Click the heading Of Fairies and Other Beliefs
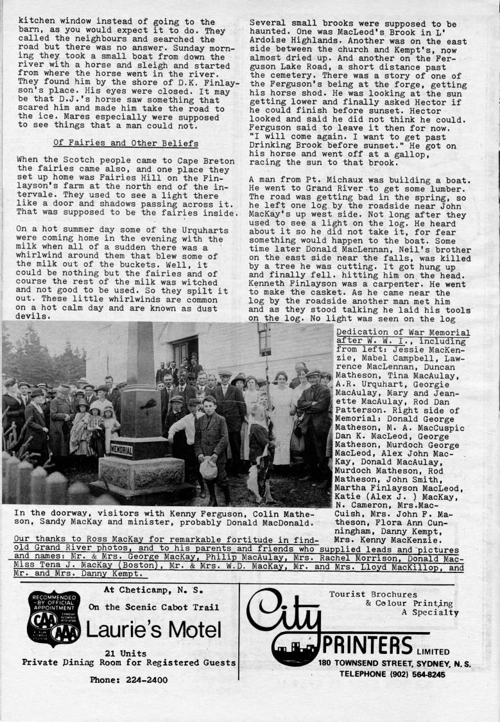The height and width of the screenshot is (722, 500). click(x=125, y=143)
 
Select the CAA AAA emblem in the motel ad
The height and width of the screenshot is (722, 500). click(x=54, y=619)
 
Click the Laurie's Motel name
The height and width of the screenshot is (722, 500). click(x=153, y=630)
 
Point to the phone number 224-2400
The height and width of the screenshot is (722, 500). click(x=128, y=680)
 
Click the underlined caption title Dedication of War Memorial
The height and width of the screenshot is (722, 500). click(x=402, y=332)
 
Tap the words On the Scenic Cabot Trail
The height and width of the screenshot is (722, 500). click(x=153, y=607)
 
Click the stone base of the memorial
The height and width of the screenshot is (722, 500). click(x=141, y=474)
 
